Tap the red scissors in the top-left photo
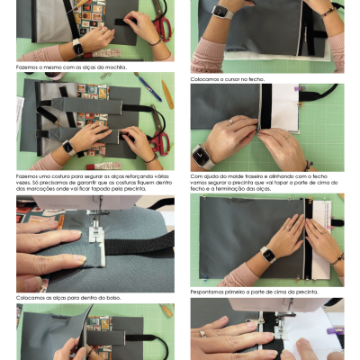point(159,27)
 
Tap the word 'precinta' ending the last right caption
point(307,292)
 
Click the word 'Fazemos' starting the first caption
point(28,67)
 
